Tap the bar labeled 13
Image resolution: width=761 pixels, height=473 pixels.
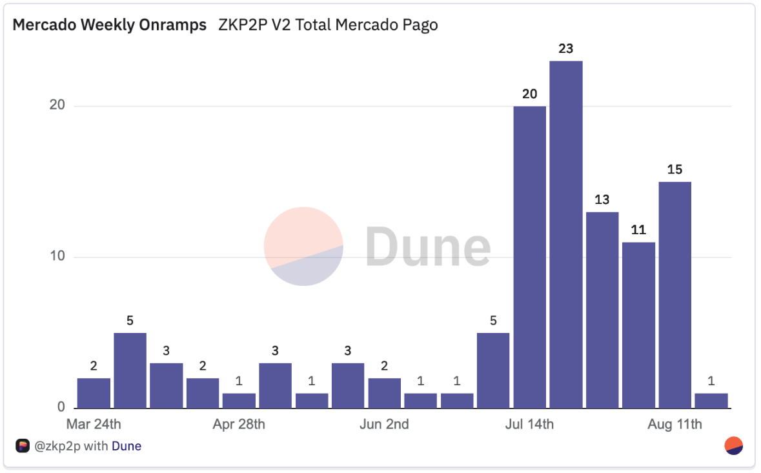pyautogui.click(x=602, y=310)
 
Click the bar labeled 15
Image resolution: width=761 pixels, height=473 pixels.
pyautogui.click(x=675, y=295)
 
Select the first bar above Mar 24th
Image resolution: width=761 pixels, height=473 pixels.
pyautogui.click(x=94, y=393)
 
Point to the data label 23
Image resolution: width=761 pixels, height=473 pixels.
pyautogui.click(x=566, y=49)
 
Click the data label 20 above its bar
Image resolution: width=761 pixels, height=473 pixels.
pyautogui.click(x=529, y=94)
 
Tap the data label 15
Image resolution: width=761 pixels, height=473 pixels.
pyautogui.click(x=675, y=170)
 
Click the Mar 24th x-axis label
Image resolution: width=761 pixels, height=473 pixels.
pyautogui.click(x=94, y=425)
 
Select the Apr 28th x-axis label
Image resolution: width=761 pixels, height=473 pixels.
pyautogui.click(x=239, y=425)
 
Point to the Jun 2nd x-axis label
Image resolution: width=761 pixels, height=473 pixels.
pyautogui.click(x=384, y=425)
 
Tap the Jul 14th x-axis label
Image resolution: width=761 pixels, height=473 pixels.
pyautogui.click(x=529, y=425)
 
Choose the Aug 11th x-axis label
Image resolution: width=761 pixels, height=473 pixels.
pyautogui.click(x=675, y=425)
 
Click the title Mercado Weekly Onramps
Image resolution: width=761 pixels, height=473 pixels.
pyautogui.click(x=110, y=25)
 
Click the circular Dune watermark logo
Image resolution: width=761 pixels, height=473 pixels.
pyautogui.click(x=303, y=247)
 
